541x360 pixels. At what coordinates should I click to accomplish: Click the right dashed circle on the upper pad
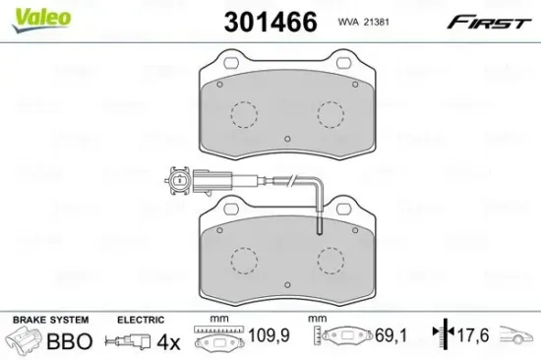329,116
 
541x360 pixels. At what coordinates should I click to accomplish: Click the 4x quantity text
169,342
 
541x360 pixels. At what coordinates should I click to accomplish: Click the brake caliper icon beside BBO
28,341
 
